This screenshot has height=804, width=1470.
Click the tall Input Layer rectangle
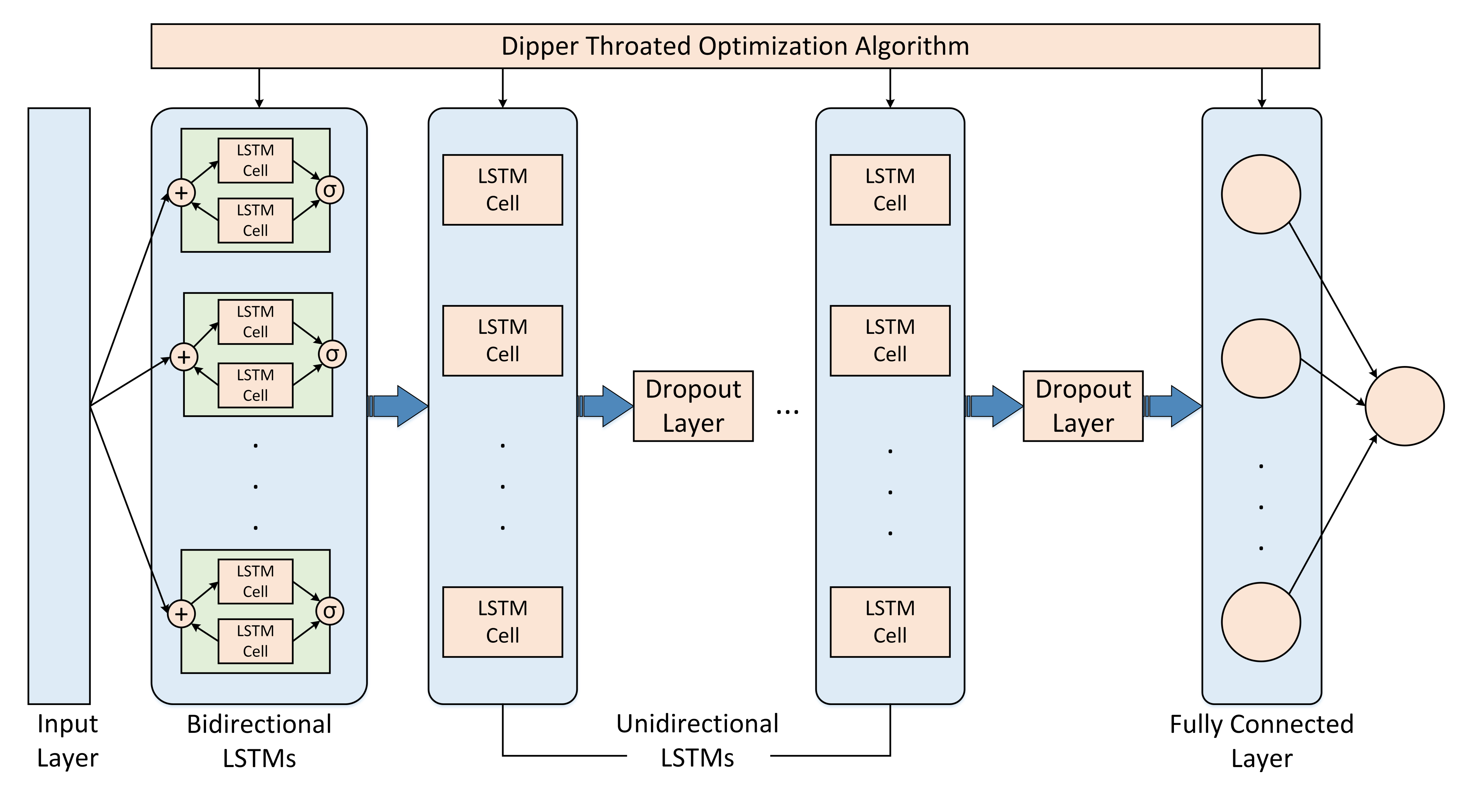59,405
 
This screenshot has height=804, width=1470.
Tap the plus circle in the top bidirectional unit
181,192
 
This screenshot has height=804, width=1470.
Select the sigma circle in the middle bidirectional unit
332,355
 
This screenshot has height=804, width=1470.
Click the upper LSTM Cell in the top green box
255,161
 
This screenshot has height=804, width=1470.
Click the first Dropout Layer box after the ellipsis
1083,406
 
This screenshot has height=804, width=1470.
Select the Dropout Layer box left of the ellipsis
693,406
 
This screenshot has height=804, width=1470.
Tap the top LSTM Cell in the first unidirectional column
502,190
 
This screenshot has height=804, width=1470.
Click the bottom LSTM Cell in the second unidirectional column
890,622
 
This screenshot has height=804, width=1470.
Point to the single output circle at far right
1404,406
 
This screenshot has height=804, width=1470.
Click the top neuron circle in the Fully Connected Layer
1261,194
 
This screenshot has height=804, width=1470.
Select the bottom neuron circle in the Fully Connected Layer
1261,622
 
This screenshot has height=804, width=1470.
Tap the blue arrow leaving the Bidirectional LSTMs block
398,406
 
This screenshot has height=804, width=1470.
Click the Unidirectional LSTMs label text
697,741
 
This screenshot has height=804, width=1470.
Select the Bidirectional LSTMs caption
259,741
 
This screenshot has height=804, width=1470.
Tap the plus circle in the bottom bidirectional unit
181,614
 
